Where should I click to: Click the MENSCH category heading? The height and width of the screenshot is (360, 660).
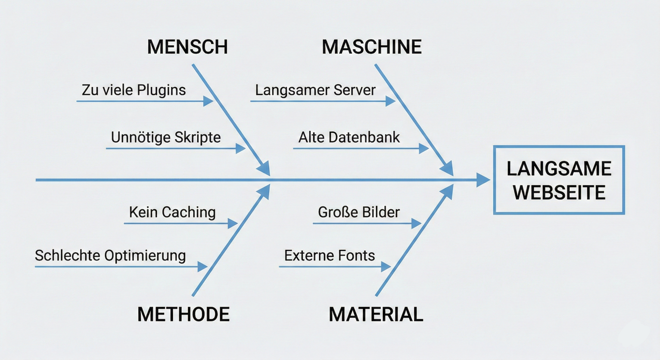click(187, 47)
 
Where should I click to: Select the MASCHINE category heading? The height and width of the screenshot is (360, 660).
click(372, 47)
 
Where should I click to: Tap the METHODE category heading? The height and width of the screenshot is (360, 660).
click(183, 315)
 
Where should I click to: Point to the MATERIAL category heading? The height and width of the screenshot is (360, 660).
click(376, 315)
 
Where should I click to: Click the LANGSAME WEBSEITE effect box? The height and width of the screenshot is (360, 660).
click(559, 180)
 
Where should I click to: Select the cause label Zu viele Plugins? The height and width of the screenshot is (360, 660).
click(134, 90)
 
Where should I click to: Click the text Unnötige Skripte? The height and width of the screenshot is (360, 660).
click(166, 137)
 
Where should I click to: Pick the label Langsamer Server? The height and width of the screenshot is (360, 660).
click(315, 90)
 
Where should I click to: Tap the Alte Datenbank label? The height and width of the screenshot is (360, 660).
click(349, 137)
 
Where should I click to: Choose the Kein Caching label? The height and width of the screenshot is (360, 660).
click(172, 212)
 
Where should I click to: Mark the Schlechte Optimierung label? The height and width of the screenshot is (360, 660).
click(110, 256)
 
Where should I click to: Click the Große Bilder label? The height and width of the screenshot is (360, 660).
click(359, 212)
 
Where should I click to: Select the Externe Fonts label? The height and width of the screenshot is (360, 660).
click(330, 256)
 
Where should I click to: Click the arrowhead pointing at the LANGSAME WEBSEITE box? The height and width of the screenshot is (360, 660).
click(483, 180)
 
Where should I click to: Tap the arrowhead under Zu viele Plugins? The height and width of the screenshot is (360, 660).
click(208, 101)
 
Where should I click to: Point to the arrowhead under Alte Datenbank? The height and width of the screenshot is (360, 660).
click(424, 148)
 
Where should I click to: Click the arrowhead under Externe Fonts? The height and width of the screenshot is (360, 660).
click(386, 267)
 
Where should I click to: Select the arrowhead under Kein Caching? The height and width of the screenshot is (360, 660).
click(232, 223)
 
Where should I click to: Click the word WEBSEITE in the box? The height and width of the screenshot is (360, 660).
click(559, 192)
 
